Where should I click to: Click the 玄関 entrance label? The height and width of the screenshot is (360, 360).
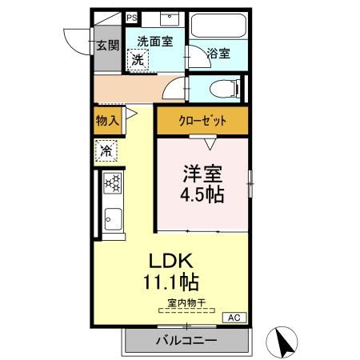pos(108,46)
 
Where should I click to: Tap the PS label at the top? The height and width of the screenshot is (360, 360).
pos(130,17)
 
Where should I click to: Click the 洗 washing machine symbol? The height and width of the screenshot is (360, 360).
pos(139,59)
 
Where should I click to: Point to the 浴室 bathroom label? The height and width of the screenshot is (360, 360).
pos(218,54)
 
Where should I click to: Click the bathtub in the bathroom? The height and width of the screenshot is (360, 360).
pos(218,27)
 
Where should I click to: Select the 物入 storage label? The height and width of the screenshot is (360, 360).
pos(107,121)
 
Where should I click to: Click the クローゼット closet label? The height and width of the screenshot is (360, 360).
pos(202,122)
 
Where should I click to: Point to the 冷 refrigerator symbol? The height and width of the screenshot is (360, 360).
pos(107,150)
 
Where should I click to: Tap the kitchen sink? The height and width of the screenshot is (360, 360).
pos(111,217)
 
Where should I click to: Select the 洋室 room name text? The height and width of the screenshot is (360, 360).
pos(202,174)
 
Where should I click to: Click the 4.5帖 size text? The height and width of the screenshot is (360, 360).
pos(202,194)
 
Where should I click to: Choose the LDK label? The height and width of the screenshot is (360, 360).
pos(170,262)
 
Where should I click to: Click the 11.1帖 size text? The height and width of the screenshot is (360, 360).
pos(170,282)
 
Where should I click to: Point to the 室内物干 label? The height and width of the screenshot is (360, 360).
pos(186,302)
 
